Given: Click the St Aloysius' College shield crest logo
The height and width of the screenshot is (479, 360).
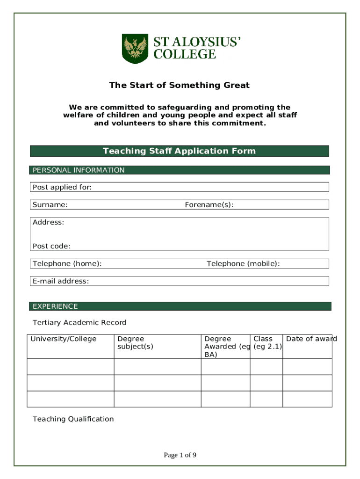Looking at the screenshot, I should click(135, 48).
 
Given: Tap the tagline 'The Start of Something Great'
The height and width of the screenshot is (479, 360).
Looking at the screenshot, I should click(180, 85).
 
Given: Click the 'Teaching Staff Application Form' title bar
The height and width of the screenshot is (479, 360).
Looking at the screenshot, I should click(180, 151).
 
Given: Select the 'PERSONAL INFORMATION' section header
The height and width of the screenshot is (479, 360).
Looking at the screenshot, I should click(79, 170).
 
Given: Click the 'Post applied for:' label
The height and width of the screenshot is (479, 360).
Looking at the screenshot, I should click(62, 188).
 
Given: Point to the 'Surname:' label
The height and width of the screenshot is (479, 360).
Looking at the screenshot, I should click(50, 205).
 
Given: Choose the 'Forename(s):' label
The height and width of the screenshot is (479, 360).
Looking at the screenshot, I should click(209, 205).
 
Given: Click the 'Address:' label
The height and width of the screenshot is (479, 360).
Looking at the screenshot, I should click(48, 222).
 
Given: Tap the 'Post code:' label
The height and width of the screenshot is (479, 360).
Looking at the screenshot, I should click(51, 246).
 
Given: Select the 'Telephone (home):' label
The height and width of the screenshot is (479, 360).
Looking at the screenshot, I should click(67, 264).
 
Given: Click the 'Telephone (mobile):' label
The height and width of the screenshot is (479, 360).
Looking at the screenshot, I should click(243, 264).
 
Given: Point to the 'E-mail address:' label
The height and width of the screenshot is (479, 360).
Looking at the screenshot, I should click(61, 281).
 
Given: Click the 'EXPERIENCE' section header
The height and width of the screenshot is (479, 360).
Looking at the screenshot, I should click(55, 306).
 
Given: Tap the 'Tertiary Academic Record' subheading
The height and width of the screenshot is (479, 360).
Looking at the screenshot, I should click(79, 322).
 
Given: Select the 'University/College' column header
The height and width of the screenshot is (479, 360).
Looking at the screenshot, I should click(64, 339).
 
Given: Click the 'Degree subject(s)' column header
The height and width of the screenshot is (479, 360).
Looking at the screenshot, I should click(135, 342).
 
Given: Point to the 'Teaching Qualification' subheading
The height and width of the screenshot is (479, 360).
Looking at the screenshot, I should click(73, 419).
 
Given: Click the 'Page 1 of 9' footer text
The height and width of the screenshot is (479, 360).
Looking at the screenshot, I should click(180, 455).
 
